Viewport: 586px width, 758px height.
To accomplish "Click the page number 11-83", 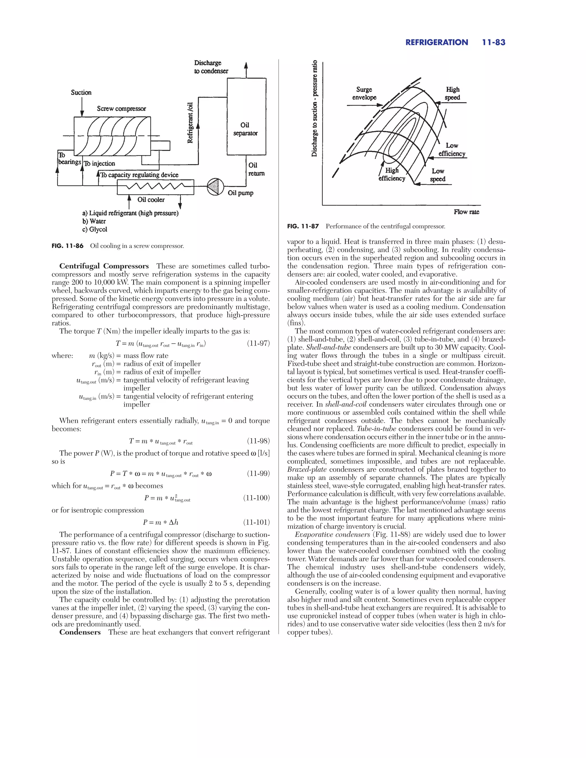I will tap(493, 42).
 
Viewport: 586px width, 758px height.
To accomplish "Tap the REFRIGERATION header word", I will tap(436, 42).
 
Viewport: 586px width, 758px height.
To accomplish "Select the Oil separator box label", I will tap(245, 129).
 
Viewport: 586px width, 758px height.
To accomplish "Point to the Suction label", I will tap(81, 92).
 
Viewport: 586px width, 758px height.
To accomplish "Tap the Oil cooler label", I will tap(151, 200).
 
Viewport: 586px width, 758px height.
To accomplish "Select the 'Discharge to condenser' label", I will tap(211, 67).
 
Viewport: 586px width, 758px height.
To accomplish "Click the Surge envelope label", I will tap(364, 93).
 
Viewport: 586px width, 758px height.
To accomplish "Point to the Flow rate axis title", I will tap(466, 212).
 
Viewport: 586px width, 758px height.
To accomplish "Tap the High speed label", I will tap(452, 93).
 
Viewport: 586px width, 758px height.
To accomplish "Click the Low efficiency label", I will tap(452, 150).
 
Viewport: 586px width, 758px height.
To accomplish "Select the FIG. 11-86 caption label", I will tap(67, 246).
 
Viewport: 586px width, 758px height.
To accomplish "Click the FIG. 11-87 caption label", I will tap(303, 227).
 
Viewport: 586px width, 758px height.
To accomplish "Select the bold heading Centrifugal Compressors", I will tap(104, 266).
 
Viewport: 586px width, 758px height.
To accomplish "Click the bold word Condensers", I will tap(80, 632).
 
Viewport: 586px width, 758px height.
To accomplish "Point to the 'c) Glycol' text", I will tap(94, 229).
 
